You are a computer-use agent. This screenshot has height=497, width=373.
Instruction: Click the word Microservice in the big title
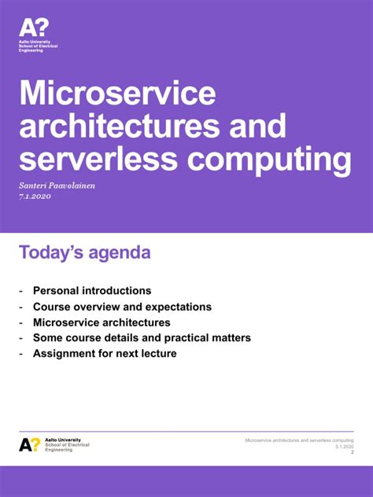click(x=117, y=94)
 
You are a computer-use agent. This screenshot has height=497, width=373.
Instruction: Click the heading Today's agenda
click(x=85, y=253)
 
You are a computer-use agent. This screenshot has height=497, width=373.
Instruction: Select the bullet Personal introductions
click(x=92, y=291)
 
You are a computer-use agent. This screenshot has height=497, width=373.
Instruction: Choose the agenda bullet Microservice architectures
click(x=102, y=322)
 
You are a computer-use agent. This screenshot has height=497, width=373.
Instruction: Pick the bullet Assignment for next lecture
click(x=105, y=354)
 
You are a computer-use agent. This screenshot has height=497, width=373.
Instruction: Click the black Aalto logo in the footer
click(x=30, y=444)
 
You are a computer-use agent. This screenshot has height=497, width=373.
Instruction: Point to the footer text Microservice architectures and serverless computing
click(x=299, y=440)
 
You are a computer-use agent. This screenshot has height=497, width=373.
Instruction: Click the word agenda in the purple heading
click(x=119, y=254)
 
